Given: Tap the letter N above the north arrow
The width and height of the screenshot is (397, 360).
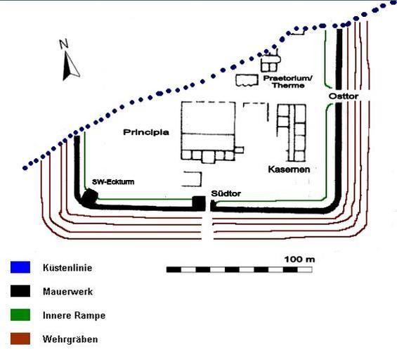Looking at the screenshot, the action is click(x=64, y=44).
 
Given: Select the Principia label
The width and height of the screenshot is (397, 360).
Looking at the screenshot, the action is click(x=146, y=132).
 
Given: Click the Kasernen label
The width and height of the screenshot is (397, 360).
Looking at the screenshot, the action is click(x=289, y=169).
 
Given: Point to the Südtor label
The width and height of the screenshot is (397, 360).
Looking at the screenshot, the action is click(x=226, y=193).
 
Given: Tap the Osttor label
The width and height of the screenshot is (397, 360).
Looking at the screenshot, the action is click(x=344, y=96).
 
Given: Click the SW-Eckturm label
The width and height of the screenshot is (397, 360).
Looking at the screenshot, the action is click(x=113, y=182).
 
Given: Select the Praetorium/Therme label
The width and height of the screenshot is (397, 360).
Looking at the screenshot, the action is click(x=288, y=82).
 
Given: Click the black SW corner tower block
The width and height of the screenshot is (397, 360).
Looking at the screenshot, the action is click(x=89, y=196).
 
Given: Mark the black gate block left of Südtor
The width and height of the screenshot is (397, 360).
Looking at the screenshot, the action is click(x=199, y=203).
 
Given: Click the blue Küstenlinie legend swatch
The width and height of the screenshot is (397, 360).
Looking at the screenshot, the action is click(x=20, y=267).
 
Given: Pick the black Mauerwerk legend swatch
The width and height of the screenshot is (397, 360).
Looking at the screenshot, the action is click(x=20, y=291).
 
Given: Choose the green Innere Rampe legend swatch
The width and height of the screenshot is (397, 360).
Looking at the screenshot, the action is click(x=20, y=315).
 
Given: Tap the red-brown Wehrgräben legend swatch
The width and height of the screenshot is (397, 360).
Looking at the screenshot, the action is click(x=20, y=338).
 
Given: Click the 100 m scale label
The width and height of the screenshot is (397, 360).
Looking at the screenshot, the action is click(x=299, y=259).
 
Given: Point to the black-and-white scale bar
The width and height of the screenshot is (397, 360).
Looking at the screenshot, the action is click(x=240, y=269).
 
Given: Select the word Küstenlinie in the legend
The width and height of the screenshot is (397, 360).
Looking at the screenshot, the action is click(x=67, y=268).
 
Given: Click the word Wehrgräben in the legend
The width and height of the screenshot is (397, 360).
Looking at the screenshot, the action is click(x=70, y=339).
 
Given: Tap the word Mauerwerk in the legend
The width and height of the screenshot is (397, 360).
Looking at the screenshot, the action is click(x=67, y=292).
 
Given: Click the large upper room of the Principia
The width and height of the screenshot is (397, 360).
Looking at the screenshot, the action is click(x=208, y=118).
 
